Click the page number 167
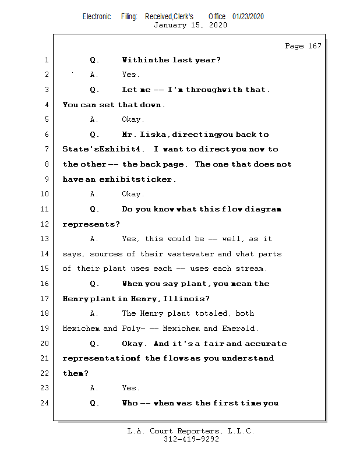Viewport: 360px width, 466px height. pyautogui.click(x=315, y=46)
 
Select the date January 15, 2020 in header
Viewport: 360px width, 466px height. pyautogui.click(x=190, y=25)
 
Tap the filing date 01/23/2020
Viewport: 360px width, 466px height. pyautogui.click(x=248, y=16)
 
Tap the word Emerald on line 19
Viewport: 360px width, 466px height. pyautogui.click(x=241, y=329)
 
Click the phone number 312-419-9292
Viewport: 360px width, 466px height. pyautogui.click(x=191, y=440)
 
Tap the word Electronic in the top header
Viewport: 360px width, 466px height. pyautogui.click(x=97, y=16)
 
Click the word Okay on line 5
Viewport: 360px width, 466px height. pyautogui.click(x=132, y=119)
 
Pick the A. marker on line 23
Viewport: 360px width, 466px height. pyautogui.click(x=94, y=388)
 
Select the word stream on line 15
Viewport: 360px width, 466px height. pyautogui.click(x=250, y=269)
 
